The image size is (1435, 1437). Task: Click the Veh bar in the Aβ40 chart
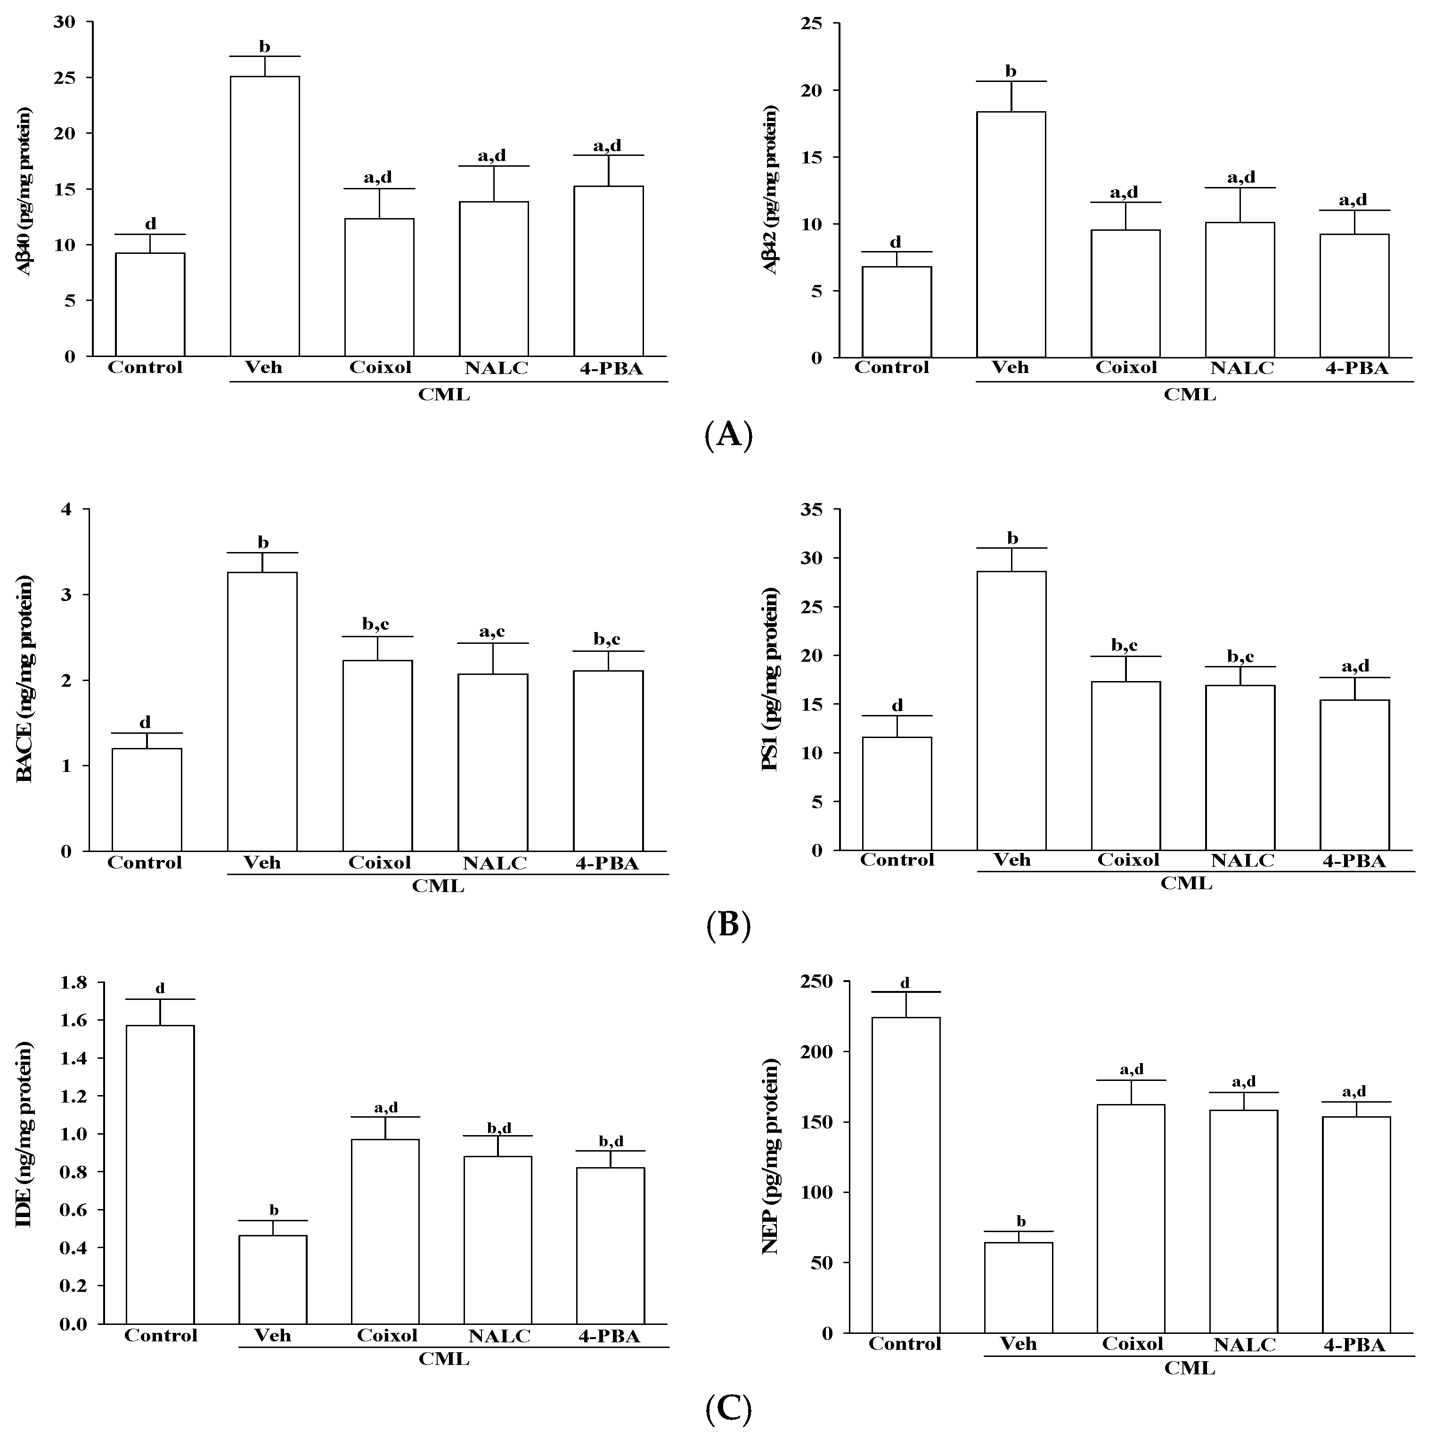(265, 216)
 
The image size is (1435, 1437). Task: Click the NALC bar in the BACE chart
(492, 763)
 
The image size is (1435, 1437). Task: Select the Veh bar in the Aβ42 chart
(1011, 234)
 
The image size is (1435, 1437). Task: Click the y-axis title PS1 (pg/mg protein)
(771, 678)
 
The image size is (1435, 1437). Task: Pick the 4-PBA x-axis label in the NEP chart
(1354, 1345)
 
